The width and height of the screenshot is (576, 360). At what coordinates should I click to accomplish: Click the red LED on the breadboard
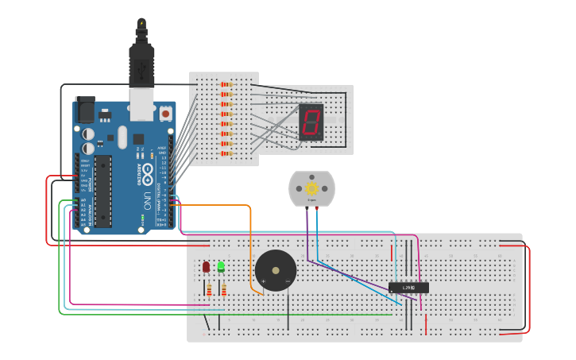pos(207,267)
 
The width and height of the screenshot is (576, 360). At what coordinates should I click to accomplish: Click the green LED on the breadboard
pos(221,267)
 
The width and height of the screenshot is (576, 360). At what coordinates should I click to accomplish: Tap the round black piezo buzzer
pos(276,270)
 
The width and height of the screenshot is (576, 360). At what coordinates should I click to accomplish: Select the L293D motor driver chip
pos(408,287)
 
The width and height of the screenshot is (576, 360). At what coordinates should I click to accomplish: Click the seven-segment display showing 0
pos(311,122)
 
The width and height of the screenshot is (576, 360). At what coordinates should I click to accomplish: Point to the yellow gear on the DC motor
pos(311,188)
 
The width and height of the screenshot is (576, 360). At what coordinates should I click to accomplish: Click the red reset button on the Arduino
pos(165,114)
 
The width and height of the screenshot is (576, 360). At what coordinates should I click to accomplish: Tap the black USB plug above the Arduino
pos(141,64)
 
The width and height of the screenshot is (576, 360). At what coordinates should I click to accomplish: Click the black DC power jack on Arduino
pos(85,109)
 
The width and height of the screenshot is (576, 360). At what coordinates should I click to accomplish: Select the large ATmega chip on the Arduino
pos(102,191)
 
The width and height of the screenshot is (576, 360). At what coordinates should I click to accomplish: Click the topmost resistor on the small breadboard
pos(226,84)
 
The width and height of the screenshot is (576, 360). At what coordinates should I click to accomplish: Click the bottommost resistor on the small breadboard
pos(226,154)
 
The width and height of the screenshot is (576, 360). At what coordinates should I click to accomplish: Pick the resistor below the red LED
pos(209,290)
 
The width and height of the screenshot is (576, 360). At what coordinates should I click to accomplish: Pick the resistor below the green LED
pos(223,290)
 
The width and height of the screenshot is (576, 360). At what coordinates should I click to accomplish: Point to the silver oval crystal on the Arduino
pos(122,136)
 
